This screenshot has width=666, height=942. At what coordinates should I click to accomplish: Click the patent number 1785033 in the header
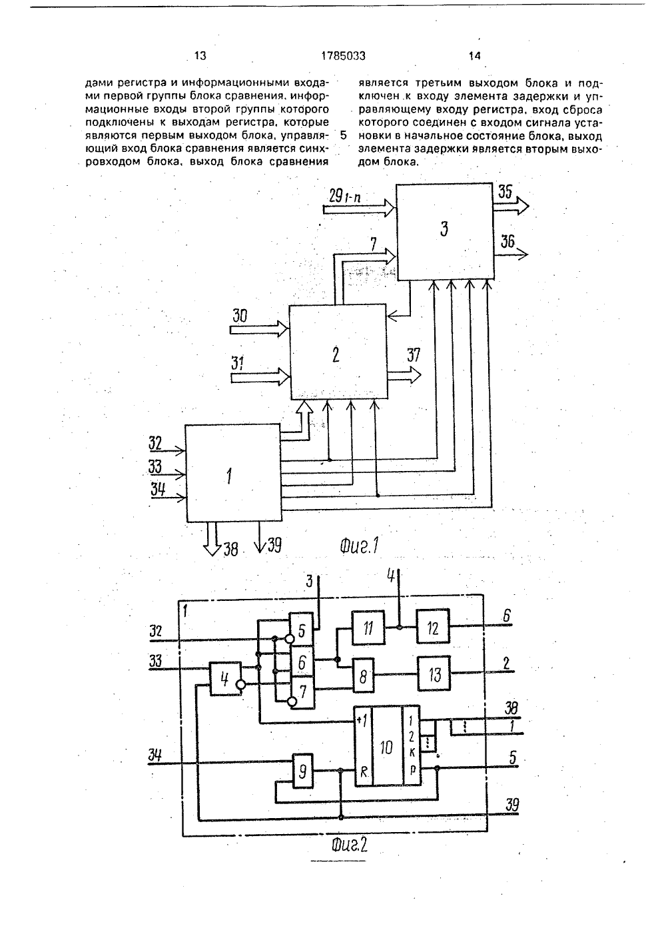coord(343,56)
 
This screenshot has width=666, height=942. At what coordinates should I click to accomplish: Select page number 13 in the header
coord(200,56)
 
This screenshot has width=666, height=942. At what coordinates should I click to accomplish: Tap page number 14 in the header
coord(474,56)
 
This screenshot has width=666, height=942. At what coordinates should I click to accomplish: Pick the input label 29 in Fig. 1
coord(336,196)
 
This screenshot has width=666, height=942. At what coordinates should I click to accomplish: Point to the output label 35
coord(505,192)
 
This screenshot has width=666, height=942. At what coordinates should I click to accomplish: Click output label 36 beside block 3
coord(507,242)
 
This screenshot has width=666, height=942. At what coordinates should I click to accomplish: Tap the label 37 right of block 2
coord(414,355)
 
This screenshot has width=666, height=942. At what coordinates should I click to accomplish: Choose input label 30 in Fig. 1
coord(240,316)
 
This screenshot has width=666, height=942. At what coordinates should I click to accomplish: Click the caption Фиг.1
coord(359,546)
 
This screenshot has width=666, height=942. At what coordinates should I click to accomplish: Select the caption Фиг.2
coord(349,845)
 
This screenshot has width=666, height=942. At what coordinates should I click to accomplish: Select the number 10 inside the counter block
coord(386,747)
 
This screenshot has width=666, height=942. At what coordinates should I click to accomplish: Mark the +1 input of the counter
coord(361,721)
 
